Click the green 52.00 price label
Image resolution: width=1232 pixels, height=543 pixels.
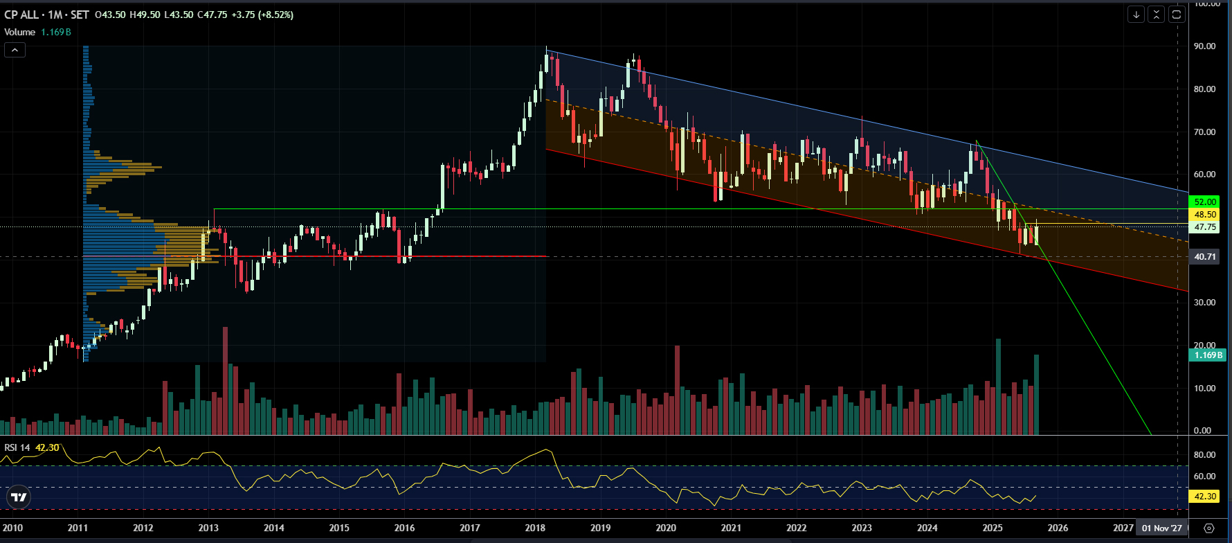pos(1205,202)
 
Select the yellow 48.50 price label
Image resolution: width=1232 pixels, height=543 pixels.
pos(1205,215)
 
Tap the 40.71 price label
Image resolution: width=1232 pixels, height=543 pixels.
pos(1205,257)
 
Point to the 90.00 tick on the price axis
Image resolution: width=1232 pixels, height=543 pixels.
pos(1204,46)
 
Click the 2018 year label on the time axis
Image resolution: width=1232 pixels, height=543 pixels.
pos(535,528)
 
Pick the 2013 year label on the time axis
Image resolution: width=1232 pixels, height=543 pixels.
pos(208,528)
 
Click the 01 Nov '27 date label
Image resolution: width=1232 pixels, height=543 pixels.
pos(1162,528)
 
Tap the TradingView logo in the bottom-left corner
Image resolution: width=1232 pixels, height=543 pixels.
pos(19,497)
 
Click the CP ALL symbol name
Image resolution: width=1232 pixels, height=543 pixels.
pos(21,15)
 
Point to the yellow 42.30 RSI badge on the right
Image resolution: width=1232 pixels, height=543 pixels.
pos(1205,496)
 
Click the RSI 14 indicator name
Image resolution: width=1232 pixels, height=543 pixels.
pos(17,447)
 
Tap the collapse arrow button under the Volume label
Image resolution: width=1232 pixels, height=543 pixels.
pos(15,50)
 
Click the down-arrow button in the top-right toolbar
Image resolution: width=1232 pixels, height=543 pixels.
pos(1136,14)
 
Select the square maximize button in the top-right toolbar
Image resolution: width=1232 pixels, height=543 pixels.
pos(1177,14)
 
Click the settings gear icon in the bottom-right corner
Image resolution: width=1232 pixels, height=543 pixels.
pos(1209,528)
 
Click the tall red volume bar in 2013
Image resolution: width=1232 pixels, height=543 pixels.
pos(225,381)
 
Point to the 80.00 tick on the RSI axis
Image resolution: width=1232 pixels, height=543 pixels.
pos(1204,455)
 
